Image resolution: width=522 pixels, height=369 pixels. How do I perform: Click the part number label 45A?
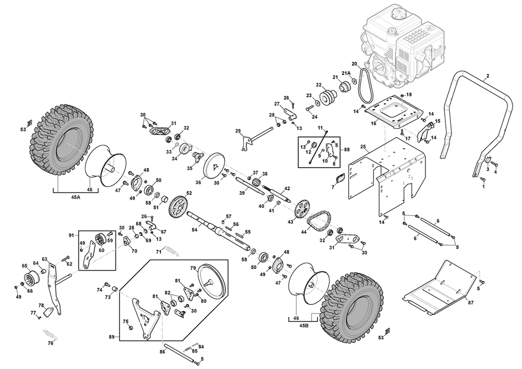(x=76, y=197)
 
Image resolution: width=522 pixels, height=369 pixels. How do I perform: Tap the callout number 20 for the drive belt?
(x=354, y=63)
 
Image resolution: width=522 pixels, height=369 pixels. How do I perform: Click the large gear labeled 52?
(x=178, y=207)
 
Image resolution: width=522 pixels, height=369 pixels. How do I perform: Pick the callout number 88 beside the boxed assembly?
(x=347, y=150)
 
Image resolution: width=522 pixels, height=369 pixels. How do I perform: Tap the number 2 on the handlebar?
(x=488, y=76)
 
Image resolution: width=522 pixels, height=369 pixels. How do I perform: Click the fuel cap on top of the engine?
(x=398, y=14)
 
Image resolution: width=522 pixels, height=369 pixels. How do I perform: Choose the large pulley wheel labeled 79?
(x=212, y=282)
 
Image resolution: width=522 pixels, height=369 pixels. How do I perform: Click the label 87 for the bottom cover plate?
(x=470, y=303)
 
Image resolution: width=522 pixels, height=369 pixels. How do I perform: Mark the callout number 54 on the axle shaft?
(x=194, y=230)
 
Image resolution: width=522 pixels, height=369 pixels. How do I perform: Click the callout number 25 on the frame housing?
(x=363, y=146)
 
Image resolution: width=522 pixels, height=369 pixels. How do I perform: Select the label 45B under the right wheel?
(x=304, y=325)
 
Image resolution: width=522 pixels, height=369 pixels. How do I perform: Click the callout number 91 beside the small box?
(x=71, y=236)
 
